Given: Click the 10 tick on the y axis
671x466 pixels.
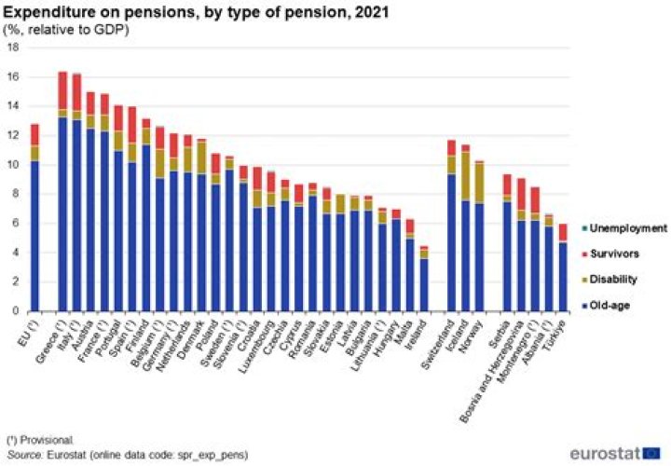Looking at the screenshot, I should click(x=14, y=165).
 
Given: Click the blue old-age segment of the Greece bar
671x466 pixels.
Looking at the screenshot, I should click(x=62, y=214).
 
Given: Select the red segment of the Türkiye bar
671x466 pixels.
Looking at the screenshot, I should click(x=562, y=232).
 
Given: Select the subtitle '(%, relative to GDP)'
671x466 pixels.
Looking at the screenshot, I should click(x=67, y=29).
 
